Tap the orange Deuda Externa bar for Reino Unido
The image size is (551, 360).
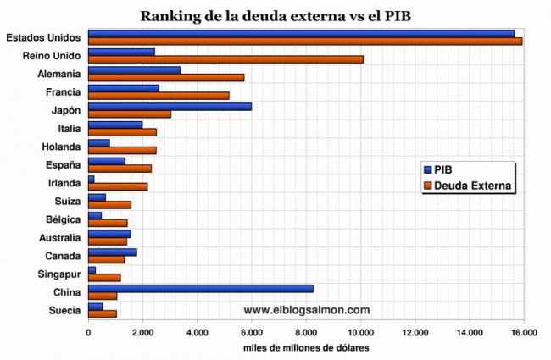coord(225,59)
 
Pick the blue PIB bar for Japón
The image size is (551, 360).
coord(170,106)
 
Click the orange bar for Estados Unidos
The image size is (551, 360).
coord(305,41)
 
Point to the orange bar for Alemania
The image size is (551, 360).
coord(166,77)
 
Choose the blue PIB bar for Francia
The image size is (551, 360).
coord(124,87)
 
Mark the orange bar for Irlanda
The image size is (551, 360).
coord(118,186)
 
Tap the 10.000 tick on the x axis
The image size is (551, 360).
coord(361,334)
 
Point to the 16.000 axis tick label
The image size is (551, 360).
coord(524,334)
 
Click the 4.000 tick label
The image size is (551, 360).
coord(197,334)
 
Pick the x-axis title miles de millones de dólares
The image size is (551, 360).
coord(305,348)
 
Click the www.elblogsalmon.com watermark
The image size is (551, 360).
coord(306,310)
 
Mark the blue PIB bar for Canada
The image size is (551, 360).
coord(112,252)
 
